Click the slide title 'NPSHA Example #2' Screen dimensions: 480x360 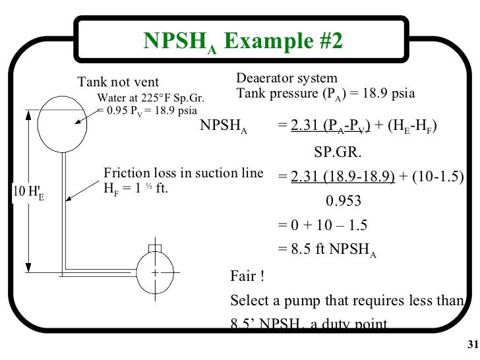click(x=243, y=42)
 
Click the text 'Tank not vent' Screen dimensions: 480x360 click(x=119, y=82)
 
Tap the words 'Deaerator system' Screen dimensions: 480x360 click(x=287, y=78)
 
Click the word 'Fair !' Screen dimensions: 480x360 click(x=247, y=274)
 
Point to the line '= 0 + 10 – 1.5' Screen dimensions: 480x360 click(x=322, y=225)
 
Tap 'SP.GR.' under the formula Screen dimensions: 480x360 click(x=338, y=153)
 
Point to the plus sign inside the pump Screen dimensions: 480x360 click(x=155, y=272)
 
